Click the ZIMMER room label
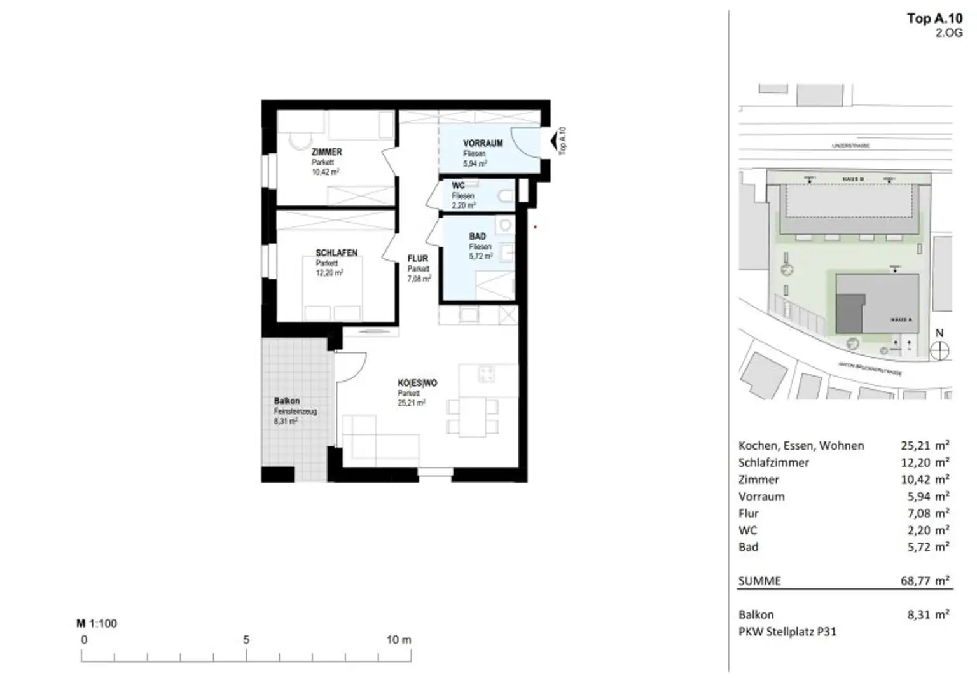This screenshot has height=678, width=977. pos(326,152)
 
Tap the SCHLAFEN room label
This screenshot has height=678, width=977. pos(336,253)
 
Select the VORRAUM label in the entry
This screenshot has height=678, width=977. pos(483,143)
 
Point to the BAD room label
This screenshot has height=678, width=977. pos(477,236)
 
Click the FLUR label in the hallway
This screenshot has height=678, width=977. pos(418,258)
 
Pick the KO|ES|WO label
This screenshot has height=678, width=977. pos(417,383)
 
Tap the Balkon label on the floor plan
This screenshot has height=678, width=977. pos(286,401)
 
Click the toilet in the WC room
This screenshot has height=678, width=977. pos(507,196)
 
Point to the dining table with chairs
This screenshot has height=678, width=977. pos(472,417)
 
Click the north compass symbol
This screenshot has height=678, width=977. pos(939,350)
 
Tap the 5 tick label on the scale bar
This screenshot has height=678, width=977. pos(246,640)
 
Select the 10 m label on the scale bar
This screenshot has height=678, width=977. pos(398,640)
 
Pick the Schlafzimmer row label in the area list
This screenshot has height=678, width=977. pos(773,462)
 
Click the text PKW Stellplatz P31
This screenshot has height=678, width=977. pos(787,632)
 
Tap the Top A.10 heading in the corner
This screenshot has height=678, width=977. pos(934,18)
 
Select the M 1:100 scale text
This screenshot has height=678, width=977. pos(97,623)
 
